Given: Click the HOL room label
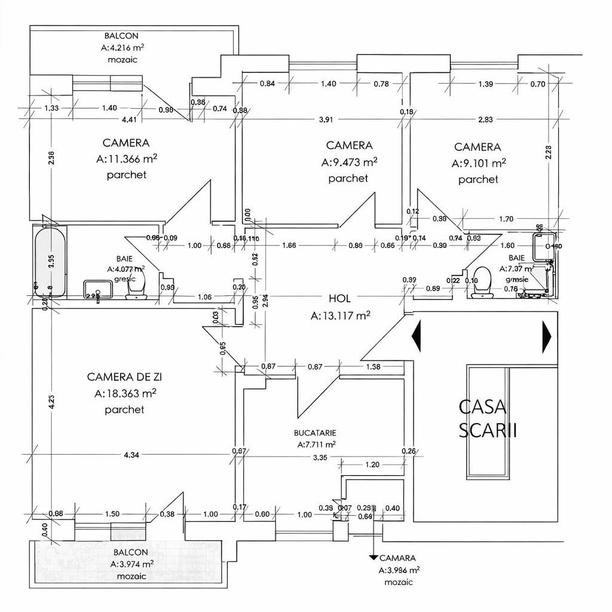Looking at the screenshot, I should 339,299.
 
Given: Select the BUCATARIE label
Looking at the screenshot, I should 315,432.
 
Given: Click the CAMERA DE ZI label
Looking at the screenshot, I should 124,377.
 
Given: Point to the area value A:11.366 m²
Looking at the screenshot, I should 126,159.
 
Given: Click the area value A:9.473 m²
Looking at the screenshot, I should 349,162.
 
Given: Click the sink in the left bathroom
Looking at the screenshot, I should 97,290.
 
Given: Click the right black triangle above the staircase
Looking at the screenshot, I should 546,336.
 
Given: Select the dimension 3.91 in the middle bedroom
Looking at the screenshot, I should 326,120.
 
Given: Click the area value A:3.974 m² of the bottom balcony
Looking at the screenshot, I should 132,564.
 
